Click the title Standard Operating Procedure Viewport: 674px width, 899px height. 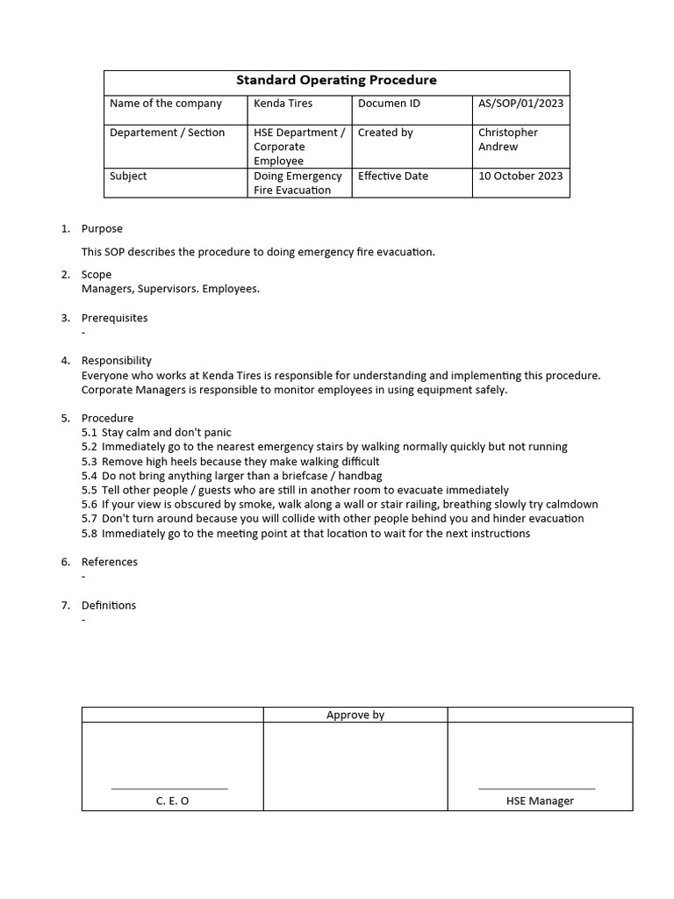(336, 81)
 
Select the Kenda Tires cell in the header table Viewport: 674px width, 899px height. (283, 104)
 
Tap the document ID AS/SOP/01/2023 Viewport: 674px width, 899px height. (520, 104)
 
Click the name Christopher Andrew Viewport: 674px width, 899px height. (508, 140)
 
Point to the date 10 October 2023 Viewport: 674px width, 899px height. (520, 176)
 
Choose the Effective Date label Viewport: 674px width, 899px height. (393, 176)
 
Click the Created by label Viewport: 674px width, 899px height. (385, 133)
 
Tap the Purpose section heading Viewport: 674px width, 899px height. (102, 228)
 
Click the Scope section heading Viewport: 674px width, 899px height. (97, 275)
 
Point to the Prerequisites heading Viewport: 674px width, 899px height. (114, 318)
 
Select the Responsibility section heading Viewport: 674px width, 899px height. (116, 361)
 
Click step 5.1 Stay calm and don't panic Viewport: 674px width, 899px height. (156, 433)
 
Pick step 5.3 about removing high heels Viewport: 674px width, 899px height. (230, 462)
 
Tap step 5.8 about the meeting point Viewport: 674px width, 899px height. (305, 534)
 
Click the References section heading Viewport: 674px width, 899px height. (109, 562)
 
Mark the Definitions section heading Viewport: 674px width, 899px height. (109, 606)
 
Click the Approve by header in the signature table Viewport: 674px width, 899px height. (355, 715)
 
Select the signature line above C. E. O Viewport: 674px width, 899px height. (169, 788)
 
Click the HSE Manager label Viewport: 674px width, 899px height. (540, 801)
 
